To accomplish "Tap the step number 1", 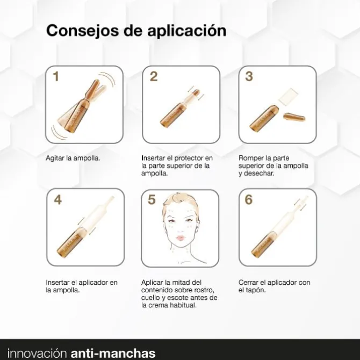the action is tap(56, 76).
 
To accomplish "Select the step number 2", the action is tap(154, 76).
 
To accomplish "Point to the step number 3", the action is tap(249, 76).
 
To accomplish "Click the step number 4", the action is tap(58, 199).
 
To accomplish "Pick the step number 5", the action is tap(152, 199).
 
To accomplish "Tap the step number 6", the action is tap(249, 199).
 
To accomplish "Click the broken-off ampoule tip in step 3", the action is tap(294, 117).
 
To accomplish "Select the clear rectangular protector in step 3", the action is tap(288, 96).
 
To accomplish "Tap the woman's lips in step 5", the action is tap(181, 238).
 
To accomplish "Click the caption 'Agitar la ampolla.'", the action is tap(73, 158).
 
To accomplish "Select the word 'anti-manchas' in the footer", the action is tap(113, 353).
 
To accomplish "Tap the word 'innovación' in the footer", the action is tap(37, 353).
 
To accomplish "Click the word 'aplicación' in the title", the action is tap(187, 31).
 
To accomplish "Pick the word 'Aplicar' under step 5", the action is tap(152, 283).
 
